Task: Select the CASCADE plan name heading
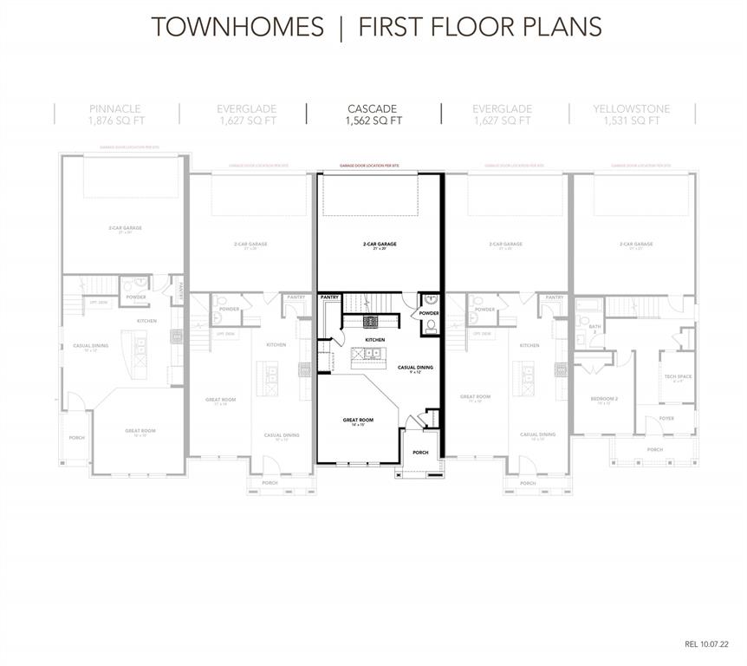(x=373, y=108)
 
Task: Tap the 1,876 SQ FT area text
(x=116, y=121)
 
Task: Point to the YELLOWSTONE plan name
(x=632, y=108)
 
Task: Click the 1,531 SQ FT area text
(x=632, y=121)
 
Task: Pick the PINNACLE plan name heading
(x=116, y=108)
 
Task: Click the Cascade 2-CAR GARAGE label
(x=380, y=245)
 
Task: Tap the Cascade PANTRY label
(x=329, y=297)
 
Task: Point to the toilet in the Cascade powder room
(x=429, y=326)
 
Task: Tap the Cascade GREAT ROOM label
(x=357, y=421)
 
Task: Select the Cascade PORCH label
(x=420, y=452)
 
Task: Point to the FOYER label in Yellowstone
(x=666, y=418)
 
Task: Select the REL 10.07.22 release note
(x=708, y=644)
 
